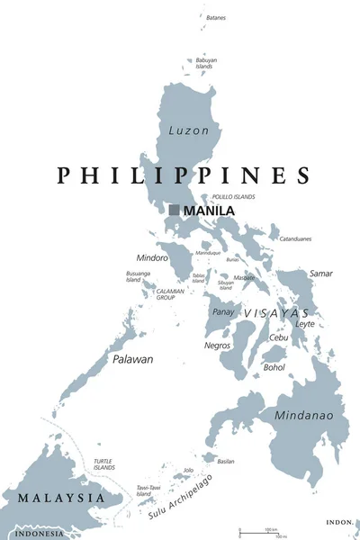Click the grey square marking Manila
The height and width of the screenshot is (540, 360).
click(x=174, y=210)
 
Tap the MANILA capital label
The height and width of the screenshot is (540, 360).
click(x=209, y=211)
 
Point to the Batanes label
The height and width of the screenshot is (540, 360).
click(x=216, y=17)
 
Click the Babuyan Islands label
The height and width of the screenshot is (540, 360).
click(x=204, y=63)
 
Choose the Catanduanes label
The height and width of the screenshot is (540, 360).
click(x=294, y=238)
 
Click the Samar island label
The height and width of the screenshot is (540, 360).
click(x=320, y=273)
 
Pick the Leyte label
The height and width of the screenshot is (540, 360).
click(x=305, y=323)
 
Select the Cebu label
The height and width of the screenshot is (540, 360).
click(x=278, y=337)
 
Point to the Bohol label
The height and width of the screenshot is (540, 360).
click(x=274, y=367)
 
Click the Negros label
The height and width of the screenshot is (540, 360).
click(x=217, y=345)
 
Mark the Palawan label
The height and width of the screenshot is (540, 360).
click(x=132, y=359)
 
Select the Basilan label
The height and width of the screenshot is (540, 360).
click(x=226, y=461)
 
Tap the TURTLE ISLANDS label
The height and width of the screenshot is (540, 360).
click(x=104, y=464)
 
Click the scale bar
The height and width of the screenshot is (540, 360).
click(x=261, y=533)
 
